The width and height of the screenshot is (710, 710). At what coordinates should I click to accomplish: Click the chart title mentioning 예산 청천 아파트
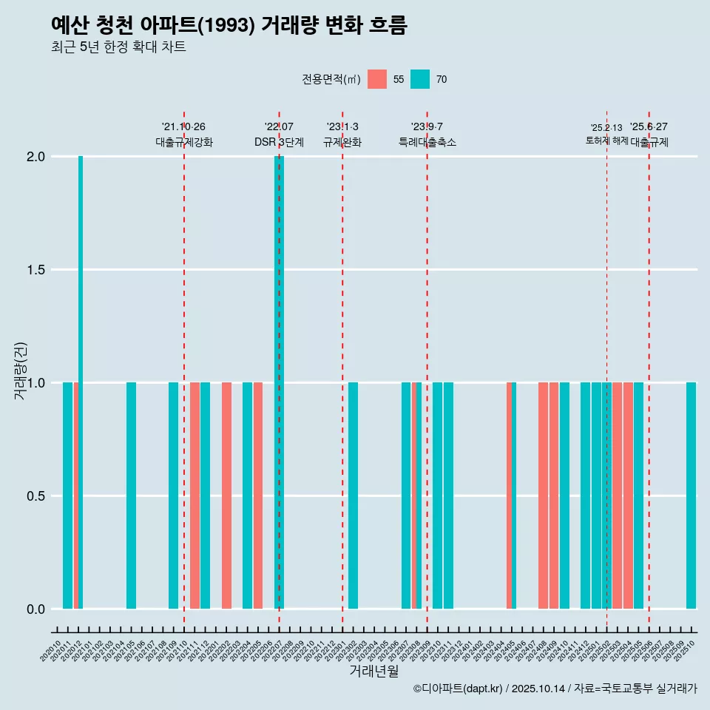pos(229,25)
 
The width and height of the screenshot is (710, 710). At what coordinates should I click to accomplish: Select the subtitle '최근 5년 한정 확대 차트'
pos(118,48)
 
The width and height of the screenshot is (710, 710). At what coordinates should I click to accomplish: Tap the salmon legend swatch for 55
pos(377,79)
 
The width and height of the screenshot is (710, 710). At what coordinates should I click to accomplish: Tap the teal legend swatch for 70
pos(420,79)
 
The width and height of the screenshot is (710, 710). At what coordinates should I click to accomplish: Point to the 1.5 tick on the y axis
pos(35,270)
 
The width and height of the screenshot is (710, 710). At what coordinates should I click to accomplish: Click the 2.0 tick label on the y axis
pos(35,157)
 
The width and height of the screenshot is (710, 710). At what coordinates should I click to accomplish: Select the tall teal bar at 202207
pos(279,382)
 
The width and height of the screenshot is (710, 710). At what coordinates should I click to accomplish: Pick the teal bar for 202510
pos(691,496)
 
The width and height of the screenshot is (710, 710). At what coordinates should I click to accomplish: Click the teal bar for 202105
pos(131,496)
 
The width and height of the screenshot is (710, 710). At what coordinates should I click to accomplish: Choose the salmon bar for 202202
pos(226,496)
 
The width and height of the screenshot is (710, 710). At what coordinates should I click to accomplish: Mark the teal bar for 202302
pos(353,496)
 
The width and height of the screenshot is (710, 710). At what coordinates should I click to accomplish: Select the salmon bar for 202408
pos(543,496)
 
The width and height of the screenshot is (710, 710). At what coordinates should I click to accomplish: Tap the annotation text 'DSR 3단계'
pos(279,142)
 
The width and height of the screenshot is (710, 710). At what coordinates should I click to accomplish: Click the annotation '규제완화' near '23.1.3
pos(342,142)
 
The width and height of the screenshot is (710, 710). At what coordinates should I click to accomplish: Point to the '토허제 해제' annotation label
pos(606,141)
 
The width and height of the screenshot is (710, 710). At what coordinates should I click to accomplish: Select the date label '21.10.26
pos(183,126)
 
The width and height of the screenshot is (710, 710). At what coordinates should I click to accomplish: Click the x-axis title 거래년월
pos(373,671)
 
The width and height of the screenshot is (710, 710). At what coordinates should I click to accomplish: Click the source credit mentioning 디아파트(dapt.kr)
pos(555,689)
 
